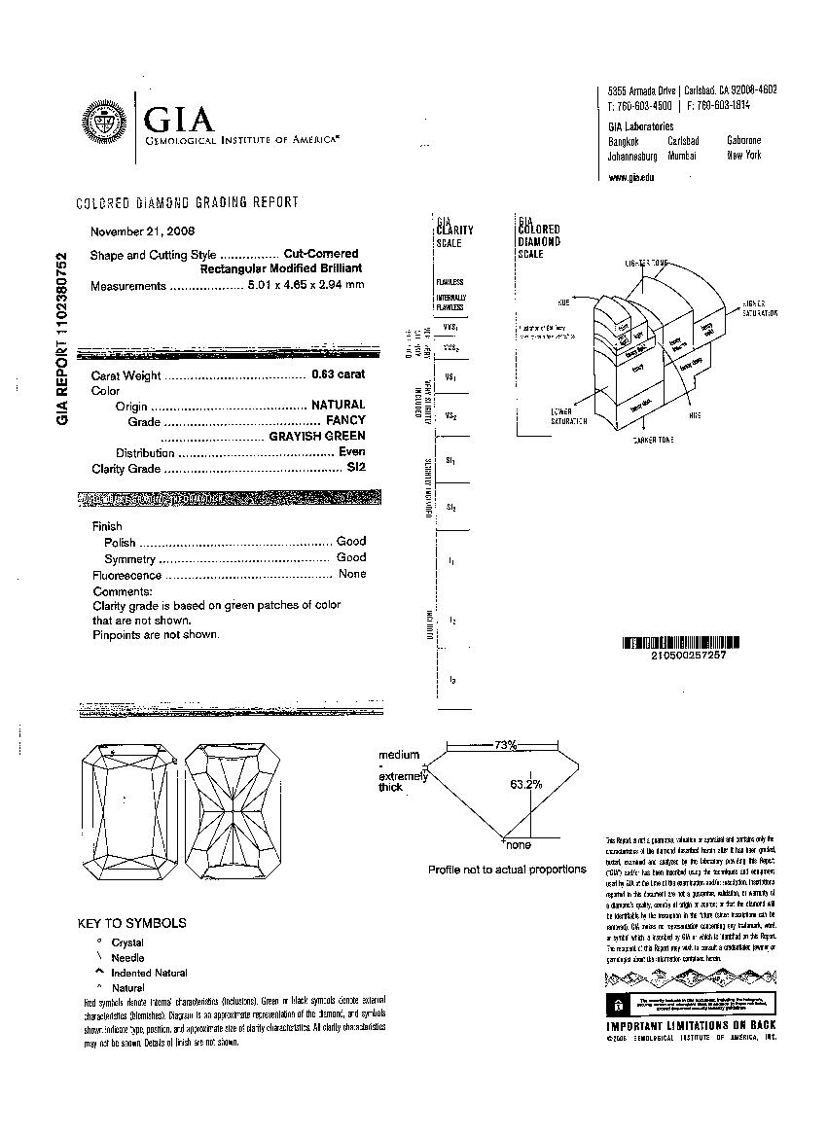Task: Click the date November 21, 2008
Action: pos(142,231)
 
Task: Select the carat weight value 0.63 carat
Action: pos(338,374)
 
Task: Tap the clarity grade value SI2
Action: pos(356,468)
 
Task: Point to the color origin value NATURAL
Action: pos(338,405)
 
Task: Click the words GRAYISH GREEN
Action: pos(317,436)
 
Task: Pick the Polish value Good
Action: pos(351,541)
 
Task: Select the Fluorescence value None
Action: pos(352,574)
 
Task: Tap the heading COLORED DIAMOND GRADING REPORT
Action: pos(187,202)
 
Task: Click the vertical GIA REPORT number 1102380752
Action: pos(62,338)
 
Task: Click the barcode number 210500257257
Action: pos(680,656)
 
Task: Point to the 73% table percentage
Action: pos(504,745)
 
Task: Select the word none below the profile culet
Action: pos(519,845)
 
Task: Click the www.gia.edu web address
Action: pos(630,177)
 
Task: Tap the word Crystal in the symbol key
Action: pos(127,942)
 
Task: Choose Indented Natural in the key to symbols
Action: pos(149,973)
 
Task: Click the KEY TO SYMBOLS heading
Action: pos(131,923)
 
